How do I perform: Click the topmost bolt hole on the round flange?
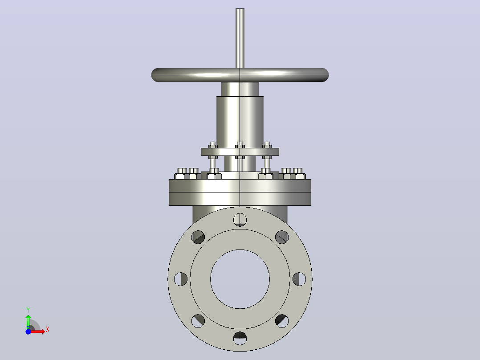[240, 220]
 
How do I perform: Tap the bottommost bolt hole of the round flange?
[240, 338]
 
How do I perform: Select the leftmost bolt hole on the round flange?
[181, 279]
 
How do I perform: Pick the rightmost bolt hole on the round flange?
[299, 279]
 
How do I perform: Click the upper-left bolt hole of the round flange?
[198, 237]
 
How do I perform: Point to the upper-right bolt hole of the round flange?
[282, 237]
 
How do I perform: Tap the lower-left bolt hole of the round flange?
[198, 321]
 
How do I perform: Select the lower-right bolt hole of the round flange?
[282, 321]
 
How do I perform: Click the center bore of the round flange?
[240, 279]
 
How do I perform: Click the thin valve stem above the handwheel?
[240, 38]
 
